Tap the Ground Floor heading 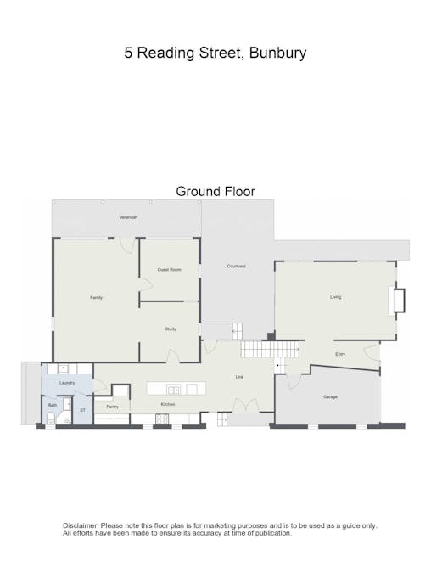point(215,191)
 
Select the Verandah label point(128,218)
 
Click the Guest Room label point(169,269)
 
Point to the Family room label point(97,297)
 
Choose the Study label point(170,329)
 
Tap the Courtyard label point(236,267)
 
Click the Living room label point(335,296)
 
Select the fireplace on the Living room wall point(397,301)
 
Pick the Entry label point(340,354)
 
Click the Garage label point(330,396)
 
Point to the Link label point(239,376)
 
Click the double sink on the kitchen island point(173,390)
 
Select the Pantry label point(112,407)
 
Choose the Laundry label point(67,383)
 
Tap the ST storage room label point(82,410)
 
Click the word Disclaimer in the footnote point(80,526)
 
